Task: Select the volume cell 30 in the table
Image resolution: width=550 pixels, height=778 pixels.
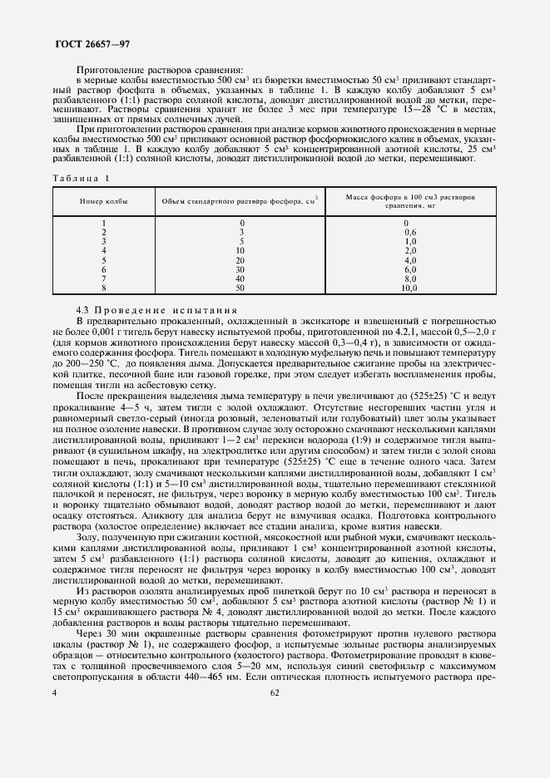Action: [x=241, y=268]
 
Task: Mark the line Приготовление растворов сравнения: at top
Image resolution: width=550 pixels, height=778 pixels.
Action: [x=160, y=70]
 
